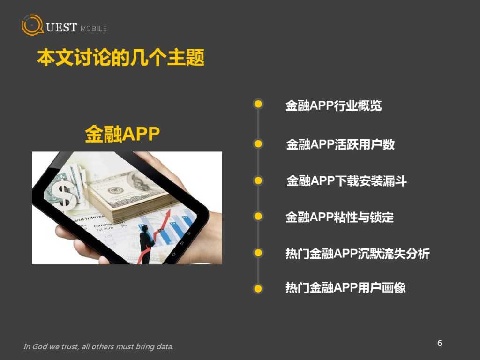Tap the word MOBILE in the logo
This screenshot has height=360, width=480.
tap(93, 29)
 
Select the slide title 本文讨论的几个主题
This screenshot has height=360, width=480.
tap(121, 59)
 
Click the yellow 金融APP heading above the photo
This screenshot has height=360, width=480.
tap(122, 134)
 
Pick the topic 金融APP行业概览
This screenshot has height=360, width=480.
tap(334, 105)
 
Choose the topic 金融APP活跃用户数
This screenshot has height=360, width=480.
tap(340, 144)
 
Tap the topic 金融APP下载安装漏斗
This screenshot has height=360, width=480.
tap(346, 181)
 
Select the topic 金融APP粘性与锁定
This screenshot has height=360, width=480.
tap(340, 217)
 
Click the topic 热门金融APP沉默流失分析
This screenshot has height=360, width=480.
tap(357, 254)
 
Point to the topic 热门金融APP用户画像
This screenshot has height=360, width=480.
tap(345, 287)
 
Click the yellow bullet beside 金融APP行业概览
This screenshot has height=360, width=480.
tap(258, 104)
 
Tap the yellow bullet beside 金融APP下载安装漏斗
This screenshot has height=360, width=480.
tap(258, 180)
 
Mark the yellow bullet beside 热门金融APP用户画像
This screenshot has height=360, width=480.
tap(258, 288)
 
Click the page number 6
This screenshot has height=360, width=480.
tap(440, 343)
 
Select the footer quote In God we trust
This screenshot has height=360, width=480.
tap(98, 347)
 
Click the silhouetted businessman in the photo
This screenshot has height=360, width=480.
tap(146, 241)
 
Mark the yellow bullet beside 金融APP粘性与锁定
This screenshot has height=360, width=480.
tap(258, 216)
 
